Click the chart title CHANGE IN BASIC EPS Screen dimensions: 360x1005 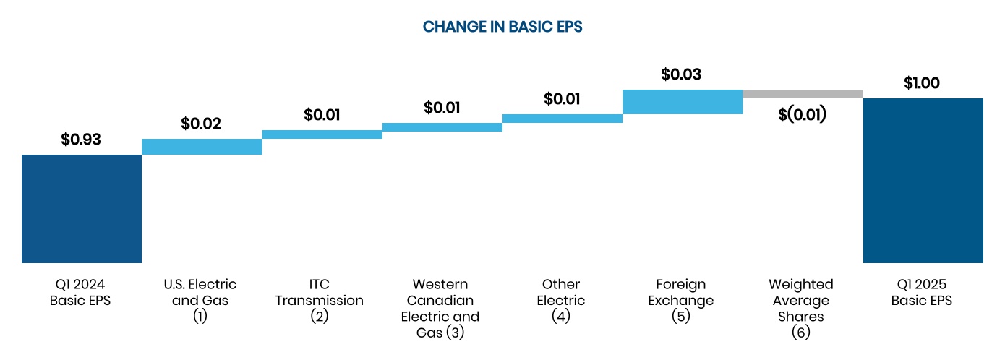(502, 27)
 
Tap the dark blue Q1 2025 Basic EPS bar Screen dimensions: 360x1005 (923, 180)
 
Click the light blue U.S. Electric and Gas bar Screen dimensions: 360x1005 (202, 147)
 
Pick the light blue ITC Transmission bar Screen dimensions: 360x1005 (322, 134)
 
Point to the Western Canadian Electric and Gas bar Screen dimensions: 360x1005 (442, 127)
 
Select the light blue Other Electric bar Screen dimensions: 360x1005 (562, 119)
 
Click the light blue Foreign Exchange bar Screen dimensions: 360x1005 (682, 102)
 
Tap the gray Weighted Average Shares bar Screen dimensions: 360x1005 (803, 94)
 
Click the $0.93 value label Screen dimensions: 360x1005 (81, 140)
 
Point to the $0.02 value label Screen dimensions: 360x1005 (201, 124)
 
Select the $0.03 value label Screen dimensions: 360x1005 (681, 74)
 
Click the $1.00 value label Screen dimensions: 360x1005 (922, 83)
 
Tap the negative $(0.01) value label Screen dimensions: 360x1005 (803, 114)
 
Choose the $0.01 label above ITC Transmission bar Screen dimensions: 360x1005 (322, 115)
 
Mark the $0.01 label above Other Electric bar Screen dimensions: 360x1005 (562, 99)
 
